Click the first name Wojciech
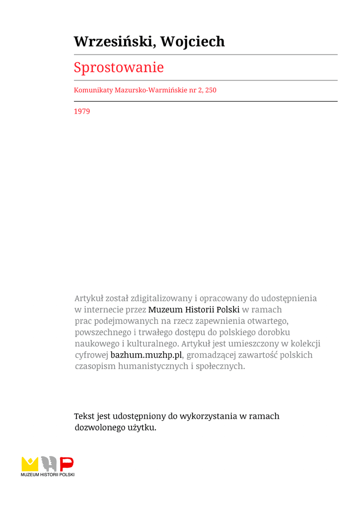tap(192, 42)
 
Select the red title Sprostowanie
tap(119, 67)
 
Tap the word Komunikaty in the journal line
tap(93, 90)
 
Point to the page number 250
tap(211, 90)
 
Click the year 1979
tap(82, 112)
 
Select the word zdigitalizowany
tap(161, 298)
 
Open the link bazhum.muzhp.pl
tap(146, 355)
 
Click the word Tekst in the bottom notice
tap(84, 416)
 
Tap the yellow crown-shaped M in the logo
tap(30, 464)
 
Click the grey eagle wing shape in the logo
tap(49, 464)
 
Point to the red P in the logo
tap(67, 464)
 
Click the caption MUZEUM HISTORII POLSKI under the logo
tap(48, 475)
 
